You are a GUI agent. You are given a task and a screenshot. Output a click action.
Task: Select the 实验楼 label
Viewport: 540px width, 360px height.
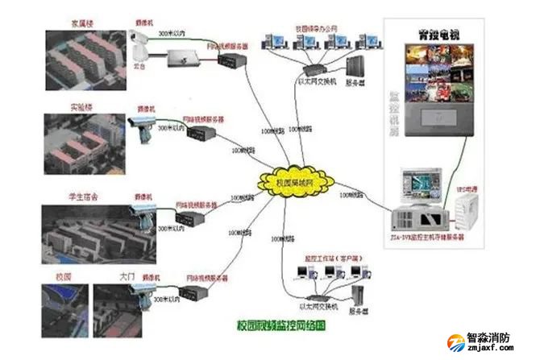point(60,107)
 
